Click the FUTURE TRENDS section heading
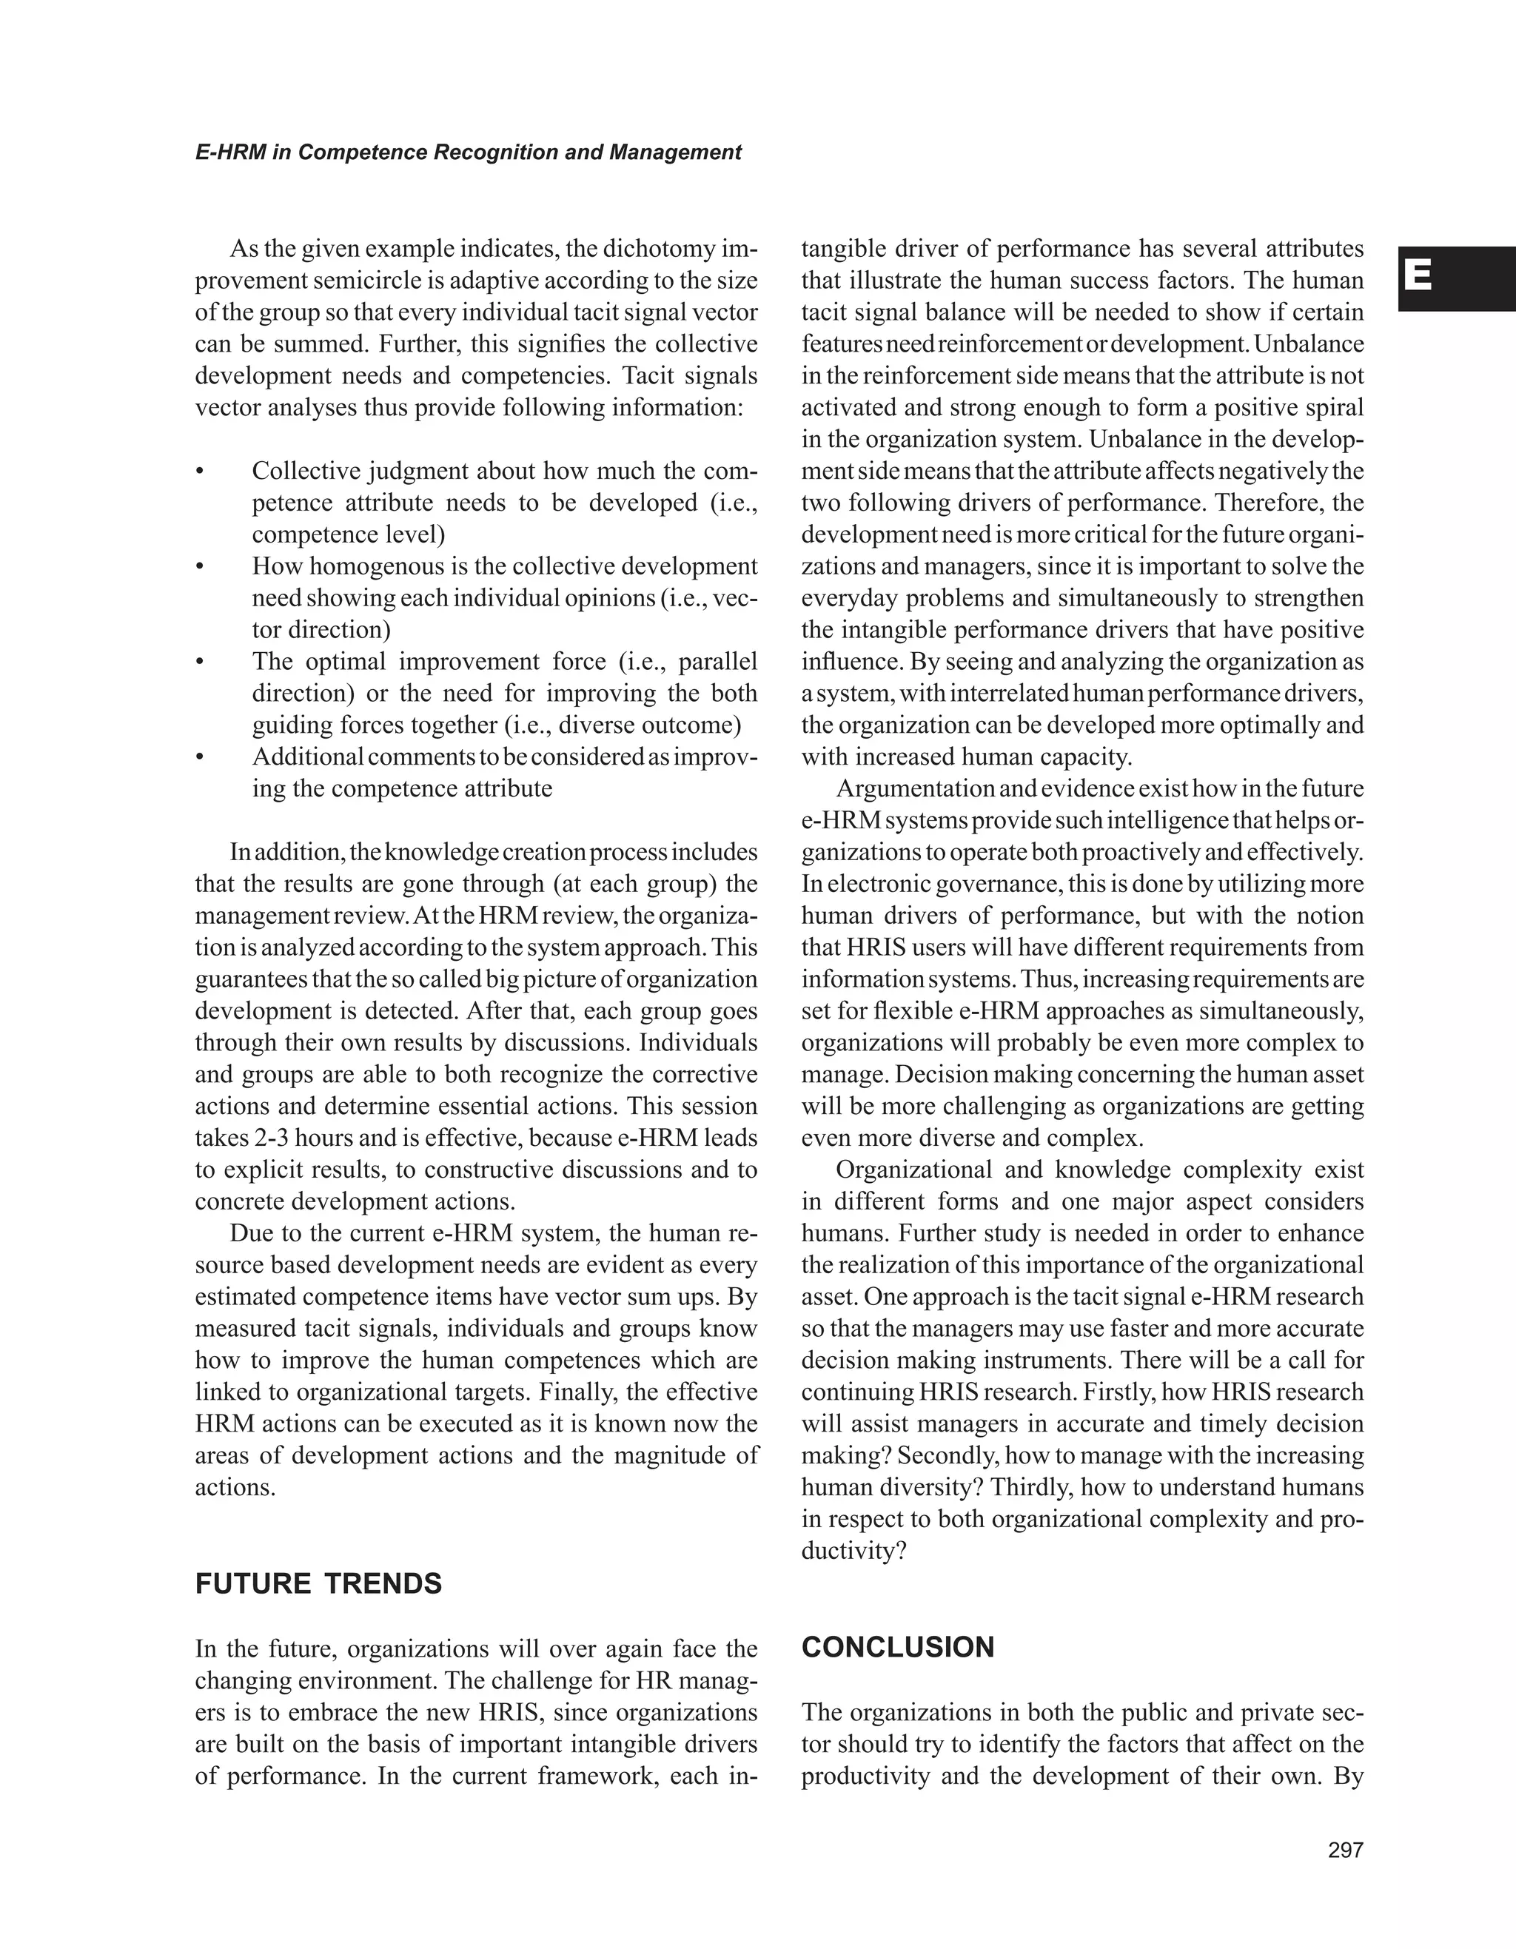(318, 1584)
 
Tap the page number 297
(1346, 1850)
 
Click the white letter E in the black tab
(1418, 278)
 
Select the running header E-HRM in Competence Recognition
(468, 152)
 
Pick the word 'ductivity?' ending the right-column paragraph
(853, 1551)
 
